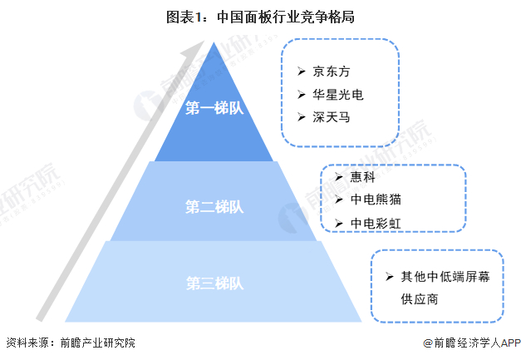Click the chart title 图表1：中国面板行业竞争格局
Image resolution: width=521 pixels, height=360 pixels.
(259, 16)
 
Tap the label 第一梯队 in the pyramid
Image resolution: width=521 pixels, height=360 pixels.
(214, 108)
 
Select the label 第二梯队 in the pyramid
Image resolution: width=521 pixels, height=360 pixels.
(214, 206)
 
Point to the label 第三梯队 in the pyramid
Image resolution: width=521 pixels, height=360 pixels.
(214, 283)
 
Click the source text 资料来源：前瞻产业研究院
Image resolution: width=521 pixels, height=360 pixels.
(71, 343)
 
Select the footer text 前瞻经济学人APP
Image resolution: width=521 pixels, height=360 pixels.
(471, 343)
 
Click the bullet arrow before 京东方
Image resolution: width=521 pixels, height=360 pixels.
(299, 72)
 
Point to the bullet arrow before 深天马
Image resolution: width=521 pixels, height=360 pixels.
(299, 119)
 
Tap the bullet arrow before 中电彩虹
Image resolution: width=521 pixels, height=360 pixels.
(337, 224)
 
